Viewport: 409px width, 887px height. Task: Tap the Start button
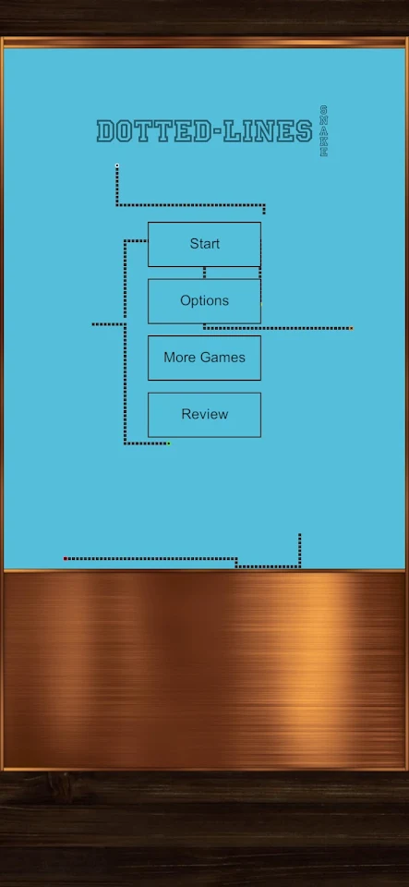pos(205,244)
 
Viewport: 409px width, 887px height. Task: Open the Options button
pos(205,301)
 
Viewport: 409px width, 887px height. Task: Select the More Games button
pos(205,358)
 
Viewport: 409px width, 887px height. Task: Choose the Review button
pos(205,415)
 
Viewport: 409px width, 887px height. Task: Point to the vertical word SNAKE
pos(324,130)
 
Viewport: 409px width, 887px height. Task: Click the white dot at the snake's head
pos(117,165)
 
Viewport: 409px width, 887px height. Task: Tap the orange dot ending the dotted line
pos(351,328)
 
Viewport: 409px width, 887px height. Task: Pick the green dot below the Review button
pos(168,443)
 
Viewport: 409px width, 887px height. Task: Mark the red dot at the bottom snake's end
pos(65,558)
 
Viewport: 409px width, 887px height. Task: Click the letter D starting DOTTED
pos(105,131)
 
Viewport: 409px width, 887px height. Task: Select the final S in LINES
pos(304,131)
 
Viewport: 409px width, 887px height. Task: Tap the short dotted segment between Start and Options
pos(205,273)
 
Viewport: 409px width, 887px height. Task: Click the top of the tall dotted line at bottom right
pos(299,535)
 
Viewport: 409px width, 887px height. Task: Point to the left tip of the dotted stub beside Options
pos(93,324)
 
